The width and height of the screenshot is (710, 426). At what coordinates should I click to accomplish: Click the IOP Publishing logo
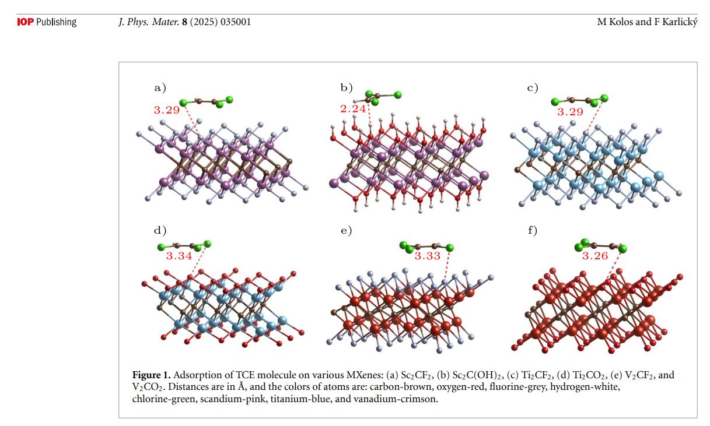click(x=47, y=22)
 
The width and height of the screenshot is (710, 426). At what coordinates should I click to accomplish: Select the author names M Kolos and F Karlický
click(x=647, y=22)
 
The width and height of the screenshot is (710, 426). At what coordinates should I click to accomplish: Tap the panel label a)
click(x=160, y=88)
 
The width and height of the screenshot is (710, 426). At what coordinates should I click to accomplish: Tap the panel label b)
click(x=347, y=88)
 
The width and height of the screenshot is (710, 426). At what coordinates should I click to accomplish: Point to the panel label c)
click(x=532, y=88)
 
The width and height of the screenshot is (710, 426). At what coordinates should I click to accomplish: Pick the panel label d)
click(x=160, y=230)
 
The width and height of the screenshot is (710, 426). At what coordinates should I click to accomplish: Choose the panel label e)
click(x=347, y=230)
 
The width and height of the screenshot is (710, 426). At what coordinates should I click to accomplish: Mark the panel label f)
click(x=532, y=230)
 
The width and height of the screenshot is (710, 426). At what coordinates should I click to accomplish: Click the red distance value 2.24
click(x=352, y=108)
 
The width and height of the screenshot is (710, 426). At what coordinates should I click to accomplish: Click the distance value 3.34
click(x=179, y=256)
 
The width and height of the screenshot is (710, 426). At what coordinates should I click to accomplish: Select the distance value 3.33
click(x=427, y=256)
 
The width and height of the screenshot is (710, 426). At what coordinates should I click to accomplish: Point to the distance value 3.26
click(x=595, y=256)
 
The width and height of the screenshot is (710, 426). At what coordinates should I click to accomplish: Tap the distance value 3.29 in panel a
click(x=166, y=109)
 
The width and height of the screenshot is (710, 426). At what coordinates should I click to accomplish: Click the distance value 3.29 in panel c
click(x=570, y=112)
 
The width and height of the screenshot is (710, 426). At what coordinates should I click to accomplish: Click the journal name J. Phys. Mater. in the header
click(x=146, y=22)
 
